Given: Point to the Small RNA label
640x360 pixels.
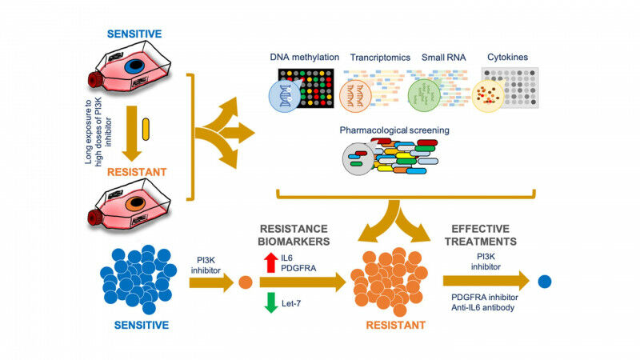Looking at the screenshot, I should coord(437,57).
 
